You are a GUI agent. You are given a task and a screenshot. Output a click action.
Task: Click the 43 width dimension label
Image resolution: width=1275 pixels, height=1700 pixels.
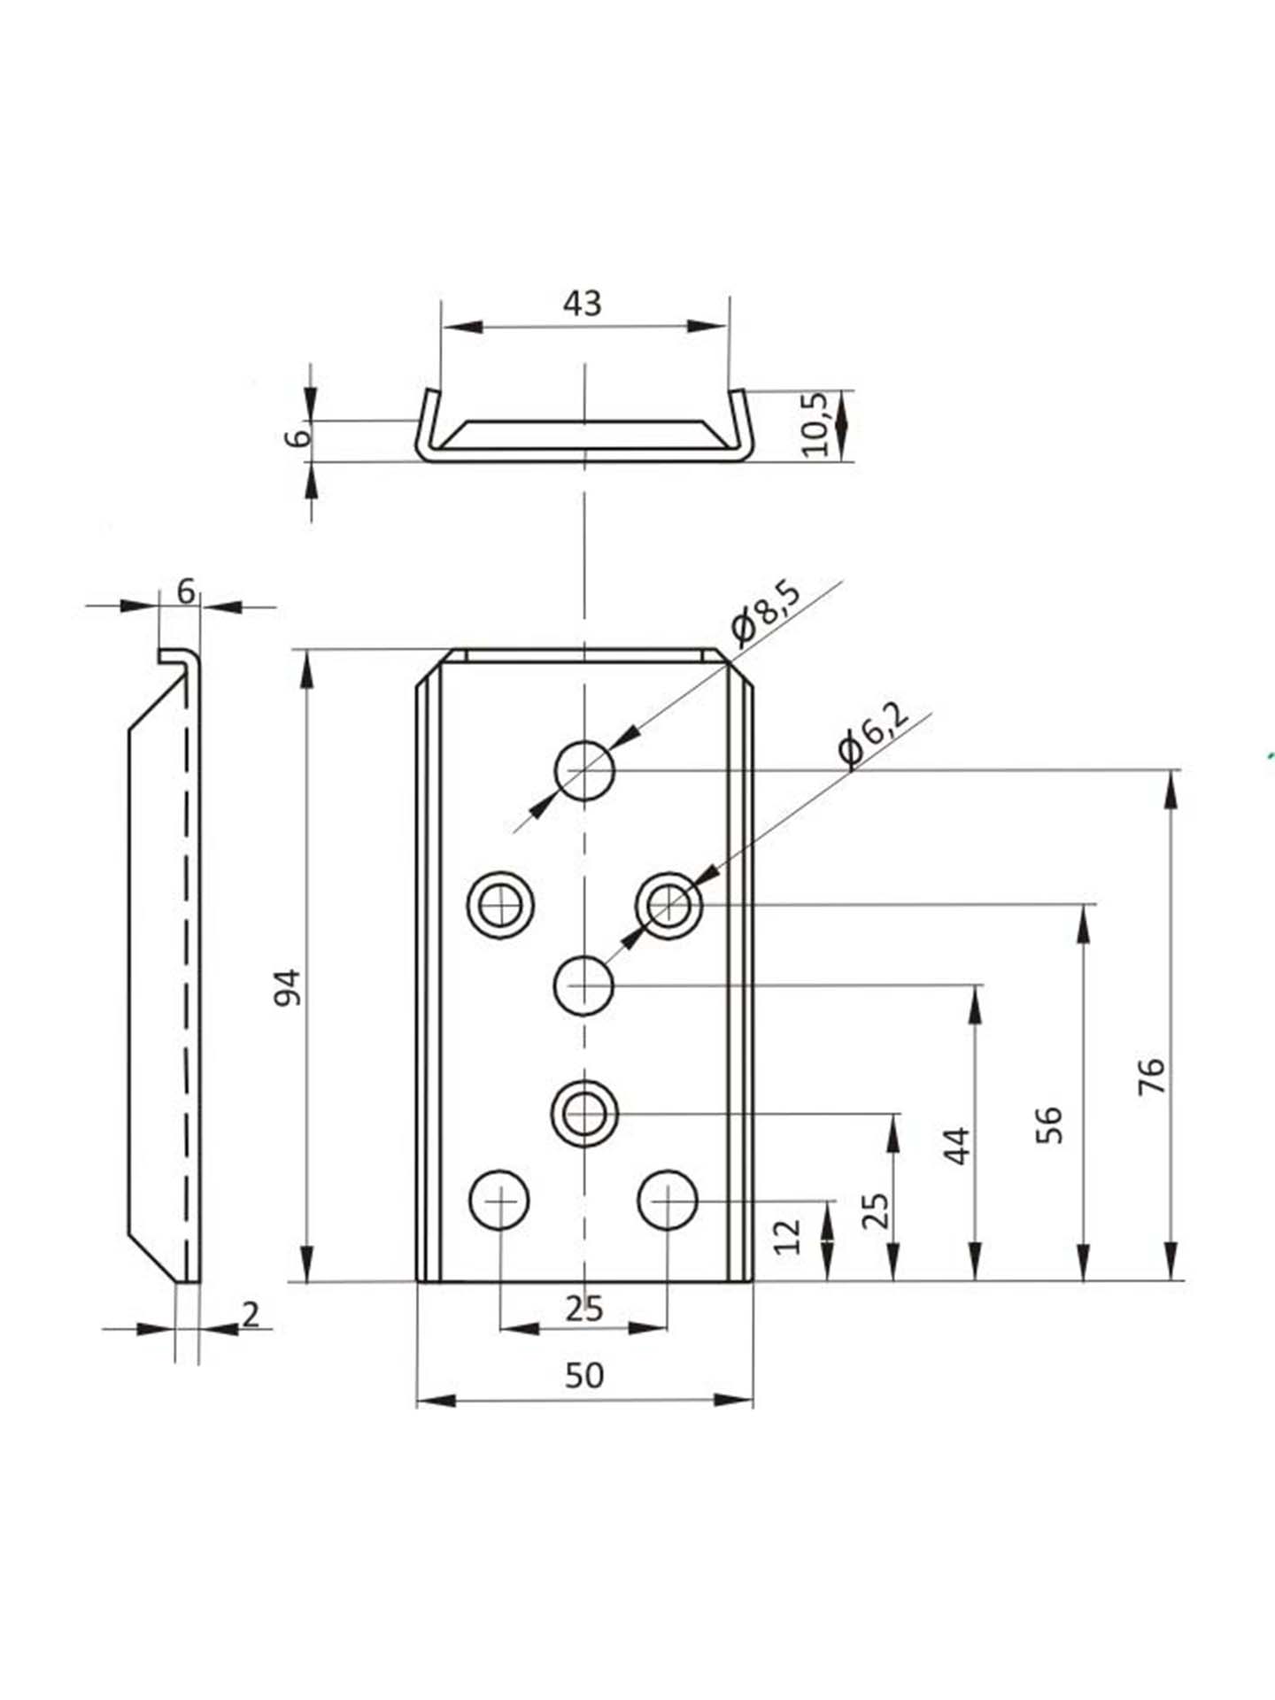pos(583,304)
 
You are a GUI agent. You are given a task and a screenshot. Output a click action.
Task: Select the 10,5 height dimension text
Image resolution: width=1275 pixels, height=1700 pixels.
pos(815,425)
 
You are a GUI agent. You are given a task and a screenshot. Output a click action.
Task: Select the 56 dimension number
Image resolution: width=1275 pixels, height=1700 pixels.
pos(1048,1124)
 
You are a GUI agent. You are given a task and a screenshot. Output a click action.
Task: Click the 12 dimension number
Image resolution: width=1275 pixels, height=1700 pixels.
pos(787,1236)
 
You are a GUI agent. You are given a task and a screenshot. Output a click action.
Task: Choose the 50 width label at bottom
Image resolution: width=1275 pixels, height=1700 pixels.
pos(583,1375)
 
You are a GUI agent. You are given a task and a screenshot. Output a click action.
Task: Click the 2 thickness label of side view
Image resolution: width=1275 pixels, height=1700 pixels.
pos(251,1315)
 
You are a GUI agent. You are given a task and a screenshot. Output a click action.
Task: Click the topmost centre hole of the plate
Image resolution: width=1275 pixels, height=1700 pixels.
pos(584,770)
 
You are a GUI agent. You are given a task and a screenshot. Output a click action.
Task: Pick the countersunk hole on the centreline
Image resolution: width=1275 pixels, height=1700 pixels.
pos(583,1113)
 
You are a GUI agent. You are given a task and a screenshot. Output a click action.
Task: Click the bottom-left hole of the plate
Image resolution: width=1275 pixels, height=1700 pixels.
pos(500,1201)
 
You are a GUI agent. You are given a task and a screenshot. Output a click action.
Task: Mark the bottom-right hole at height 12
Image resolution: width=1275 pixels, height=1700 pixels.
pos(668,1201)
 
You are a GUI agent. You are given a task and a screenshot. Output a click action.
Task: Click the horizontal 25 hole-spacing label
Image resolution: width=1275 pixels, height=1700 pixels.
pos(583,1308)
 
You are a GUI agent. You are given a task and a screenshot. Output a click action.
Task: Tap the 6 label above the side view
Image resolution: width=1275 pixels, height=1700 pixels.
pos(185,591)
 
